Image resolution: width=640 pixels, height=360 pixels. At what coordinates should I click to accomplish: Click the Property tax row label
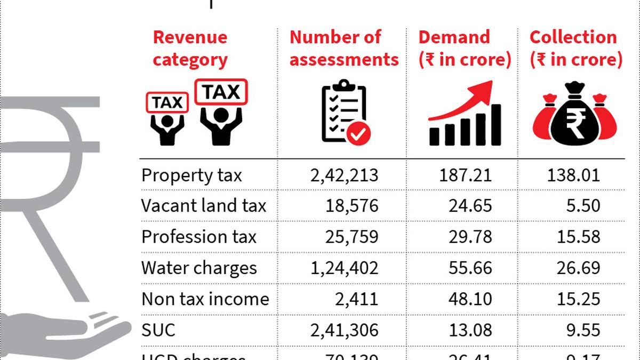pyautogui.click(x=191, y=175)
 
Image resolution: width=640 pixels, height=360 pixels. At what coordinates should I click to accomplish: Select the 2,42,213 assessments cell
pyautogui.click(x=343, y=175)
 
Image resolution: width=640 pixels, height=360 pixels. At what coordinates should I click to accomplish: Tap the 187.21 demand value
pyautogui.click(x=462, y=175)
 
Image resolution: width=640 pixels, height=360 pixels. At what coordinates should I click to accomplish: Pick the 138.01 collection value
pyautogui.click(x=573, y=175)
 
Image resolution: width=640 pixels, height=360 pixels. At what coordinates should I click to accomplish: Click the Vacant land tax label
pyautogui.click(x=203, y=206)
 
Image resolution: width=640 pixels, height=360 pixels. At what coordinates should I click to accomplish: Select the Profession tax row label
pyautogui.click(x=198, y=237)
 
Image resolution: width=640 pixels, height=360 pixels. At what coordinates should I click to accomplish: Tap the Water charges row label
pyautogui.click(x=198, y=268)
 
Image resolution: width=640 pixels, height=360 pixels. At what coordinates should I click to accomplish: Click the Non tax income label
pyautogui.click(x=205, y=299)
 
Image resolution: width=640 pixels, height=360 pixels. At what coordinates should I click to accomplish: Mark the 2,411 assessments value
pyautogui.click(x=357, y=299)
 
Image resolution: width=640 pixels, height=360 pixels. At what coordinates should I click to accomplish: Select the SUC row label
pyautogui.click(x=158, y=330)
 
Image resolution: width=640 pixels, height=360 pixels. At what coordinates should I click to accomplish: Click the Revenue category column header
pyautogui.click(x=190, y=49)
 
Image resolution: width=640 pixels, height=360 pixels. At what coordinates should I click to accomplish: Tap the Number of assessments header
pyautogui.click(x=343, y=49)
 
